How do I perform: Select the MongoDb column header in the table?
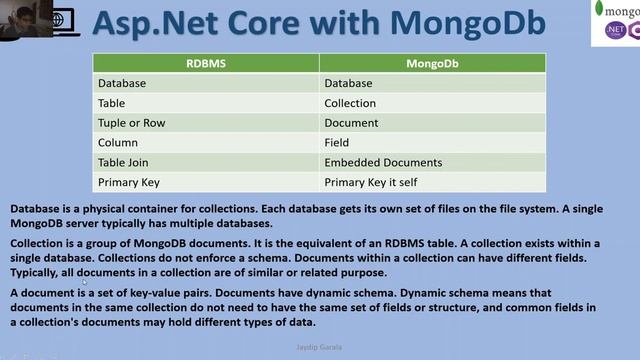click(431, 62)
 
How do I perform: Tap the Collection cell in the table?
click(350, 103)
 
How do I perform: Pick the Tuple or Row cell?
click(130, 123)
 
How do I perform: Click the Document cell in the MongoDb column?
click(351, 123)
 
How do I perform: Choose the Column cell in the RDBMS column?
click(118, 143)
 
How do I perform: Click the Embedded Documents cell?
click(382, 162)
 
